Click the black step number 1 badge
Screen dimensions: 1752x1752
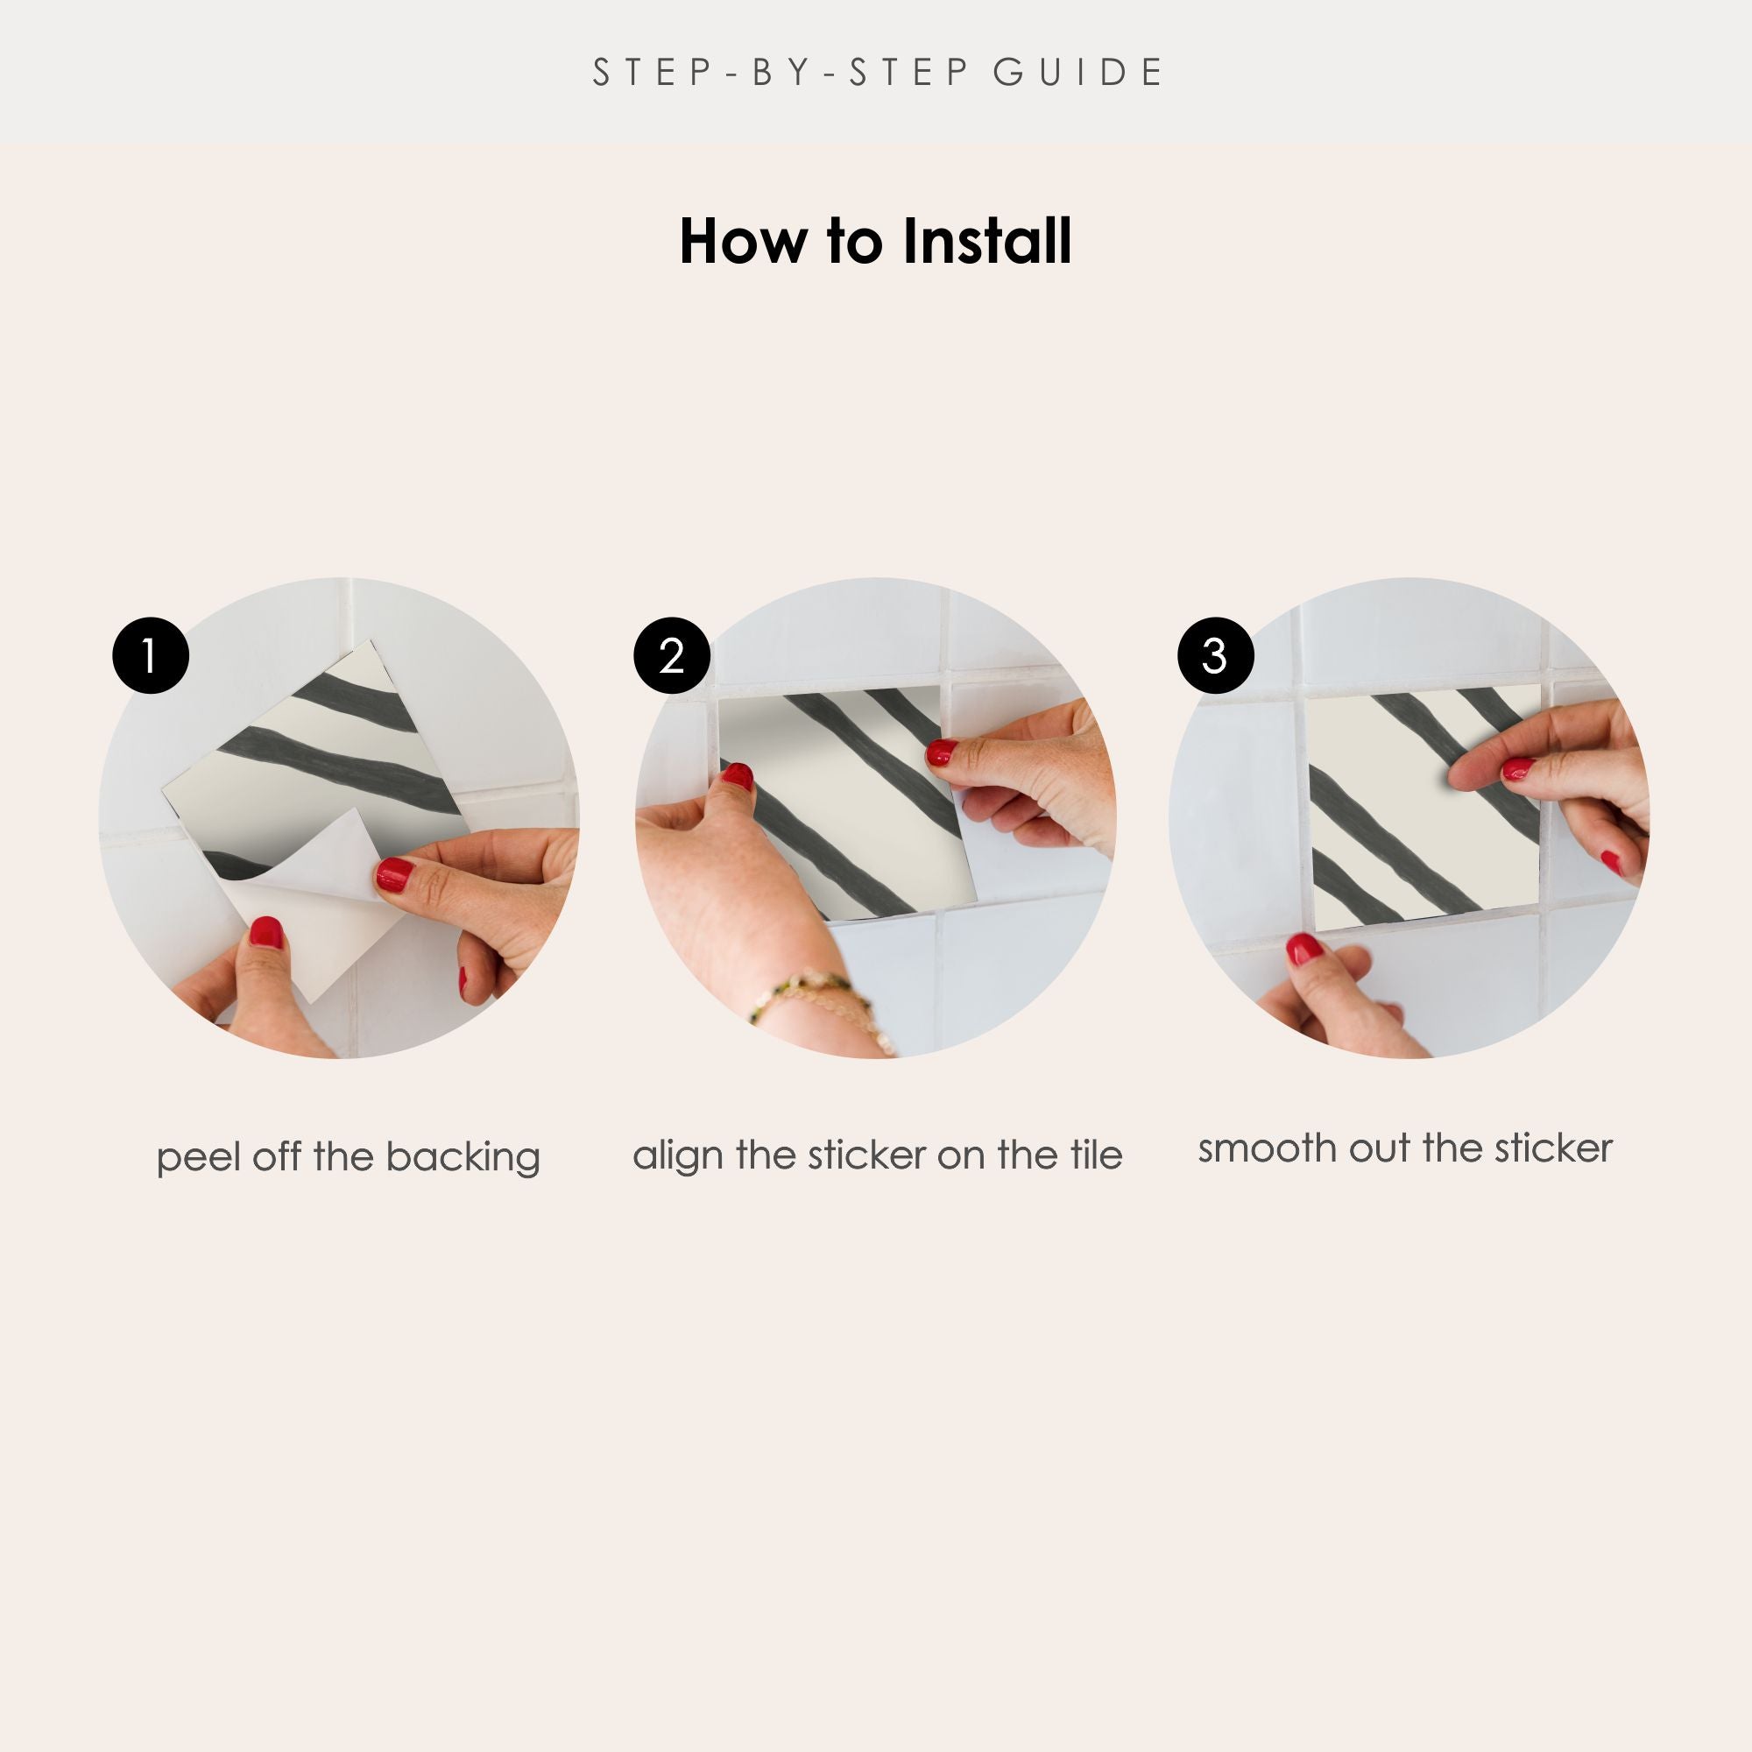151,655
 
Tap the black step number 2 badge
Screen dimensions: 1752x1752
672,655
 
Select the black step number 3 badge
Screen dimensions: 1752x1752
1215,655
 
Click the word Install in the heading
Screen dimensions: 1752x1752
986,241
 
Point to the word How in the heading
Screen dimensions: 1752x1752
741,242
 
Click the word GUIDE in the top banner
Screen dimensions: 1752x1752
1078,73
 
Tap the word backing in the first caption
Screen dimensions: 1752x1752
463,1158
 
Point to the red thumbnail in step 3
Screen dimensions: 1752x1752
1304,950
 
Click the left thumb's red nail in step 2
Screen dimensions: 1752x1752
738,776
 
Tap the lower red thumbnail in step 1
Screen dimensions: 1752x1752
266,932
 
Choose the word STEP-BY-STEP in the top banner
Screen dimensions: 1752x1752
781,73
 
